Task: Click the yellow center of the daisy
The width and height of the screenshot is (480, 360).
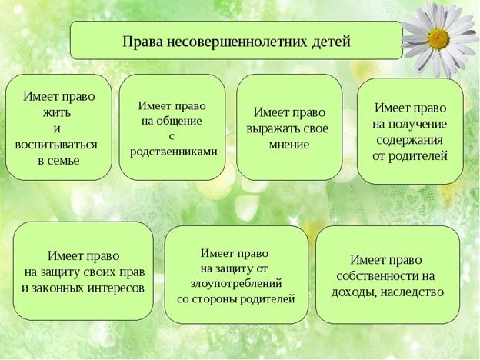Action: click(438, 39)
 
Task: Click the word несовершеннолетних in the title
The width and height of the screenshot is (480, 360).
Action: click(237, 42)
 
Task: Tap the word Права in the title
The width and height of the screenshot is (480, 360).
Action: click(142, 42)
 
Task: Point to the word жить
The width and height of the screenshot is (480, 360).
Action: click(57, 112)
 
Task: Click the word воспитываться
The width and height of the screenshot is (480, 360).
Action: click(56, 144)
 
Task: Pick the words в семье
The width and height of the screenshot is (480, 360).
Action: click(58, 161)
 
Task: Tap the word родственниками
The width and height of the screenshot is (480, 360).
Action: click(174, 152)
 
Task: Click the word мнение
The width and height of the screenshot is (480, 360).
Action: click(289, 145)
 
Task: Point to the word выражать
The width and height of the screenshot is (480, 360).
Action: click(269, 128)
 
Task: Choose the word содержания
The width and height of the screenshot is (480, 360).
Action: click(409, 140)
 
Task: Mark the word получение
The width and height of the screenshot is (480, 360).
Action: click(418, 125)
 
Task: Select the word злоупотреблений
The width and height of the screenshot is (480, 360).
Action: click(236, 284)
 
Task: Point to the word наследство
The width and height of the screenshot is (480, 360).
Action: click(413, 292)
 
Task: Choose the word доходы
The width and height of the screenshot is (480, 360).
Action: click(354, 292)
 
